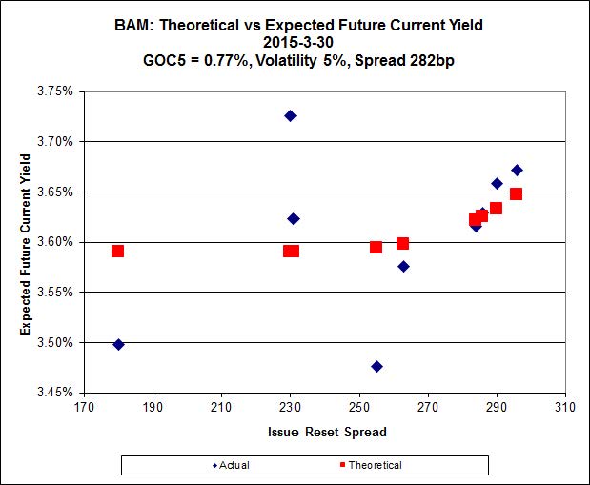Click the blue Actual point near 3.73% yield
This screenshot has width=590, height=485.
(291, 116)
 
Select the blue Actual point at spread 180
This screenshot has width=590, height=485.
(118, 344)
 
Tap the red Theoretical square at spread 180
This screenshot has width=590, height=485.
(118, 252)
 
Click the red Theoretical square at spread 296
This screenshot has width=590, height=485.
(517, 194)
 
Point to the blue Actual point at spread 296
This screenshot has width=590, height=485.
(517, 171)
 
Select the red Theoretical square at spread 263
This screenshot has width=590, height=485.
(403, 244)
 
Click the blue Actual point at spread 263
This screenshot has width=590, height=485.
(404, 267)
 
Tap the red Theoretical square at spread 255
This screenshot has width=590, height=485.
(376, 248)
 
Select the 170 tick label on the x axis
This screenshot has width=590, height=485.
(84, 407)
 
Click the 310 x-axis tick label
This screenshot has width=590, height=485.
(566, 407)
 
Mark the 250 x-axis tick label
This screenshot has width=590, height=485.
(359, 407)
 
